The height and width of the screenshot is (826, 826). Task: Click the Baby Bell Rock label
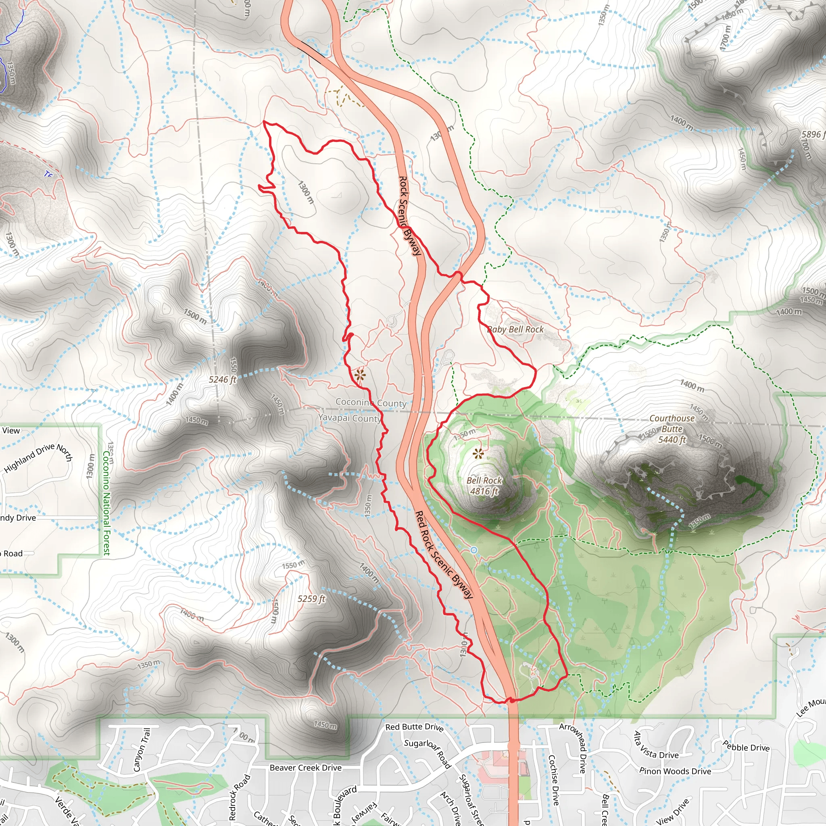[515, 329]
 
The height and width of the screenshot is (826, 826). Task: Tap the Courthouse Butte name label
[672, 423]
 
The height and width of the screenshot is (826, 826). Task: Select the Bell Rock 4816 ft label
[484, 486]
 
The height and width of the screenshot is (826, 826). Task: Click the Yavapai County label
[350, 418]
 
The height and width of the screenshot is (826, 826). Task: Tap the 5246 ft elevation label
[222, 379]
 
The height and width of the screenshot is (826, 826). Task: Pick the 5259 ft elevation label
[312, 599]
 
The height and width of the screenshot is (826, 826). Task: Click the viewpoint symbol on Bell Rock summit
[478, 454]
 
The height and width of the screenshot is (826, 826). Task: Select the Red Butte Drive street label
[414, 727]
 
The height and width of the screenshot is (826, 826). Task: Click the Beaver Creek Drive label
[306, 768]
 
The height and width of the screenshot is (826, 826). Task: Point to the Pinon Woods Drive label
[676, 771]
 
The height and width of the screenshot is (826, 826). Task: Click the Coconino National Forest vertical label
[106, 503]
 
